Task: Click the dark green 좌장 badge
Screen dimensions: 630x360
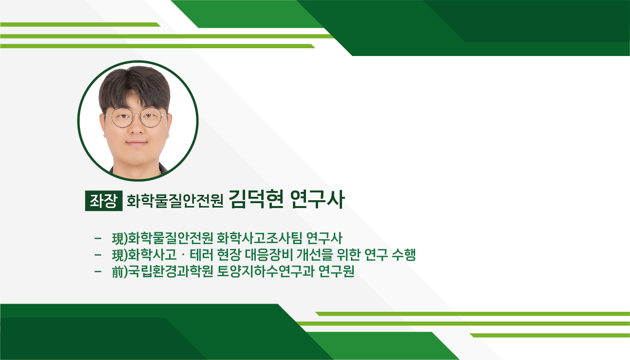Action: coord(104,201)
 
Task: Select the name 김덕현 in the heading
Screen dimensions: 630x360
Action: coord(256,199)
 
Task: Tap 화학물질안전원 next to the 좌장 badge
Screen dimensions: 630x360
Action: coord(175,201)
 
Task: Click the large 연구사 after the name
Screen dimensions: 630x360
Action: coord(317,199)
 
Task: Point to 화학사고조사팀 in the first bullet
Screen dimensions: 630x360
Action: coord(259,238)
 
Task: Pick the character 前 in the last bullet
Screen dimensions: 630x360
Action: coord(118,272)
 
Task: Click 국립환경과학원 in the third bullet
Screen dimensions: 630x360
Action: coord(171,272)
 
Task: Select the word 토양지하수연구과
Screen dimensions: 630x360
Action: coord(266,272)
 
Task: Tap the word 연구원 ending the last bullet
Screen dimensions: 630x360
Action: coord(336,272)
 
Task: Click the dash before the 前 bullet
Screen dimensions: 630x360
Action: coord(98,272)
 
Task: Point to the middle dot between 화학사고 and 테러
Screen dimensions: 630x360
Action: coord(183,255)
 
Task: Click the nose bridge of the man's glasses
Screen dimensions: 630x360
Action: coord(136,115)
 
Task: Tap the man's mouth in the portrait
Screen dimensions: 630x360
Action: coord(137,143)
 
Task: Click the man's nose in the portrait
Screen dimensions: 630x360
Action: coord(136,127)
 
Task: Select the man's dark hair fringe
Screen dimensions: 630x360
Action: coord(135,87)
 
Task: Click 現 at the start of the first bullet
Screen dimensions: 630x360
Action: coord(118,238)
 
